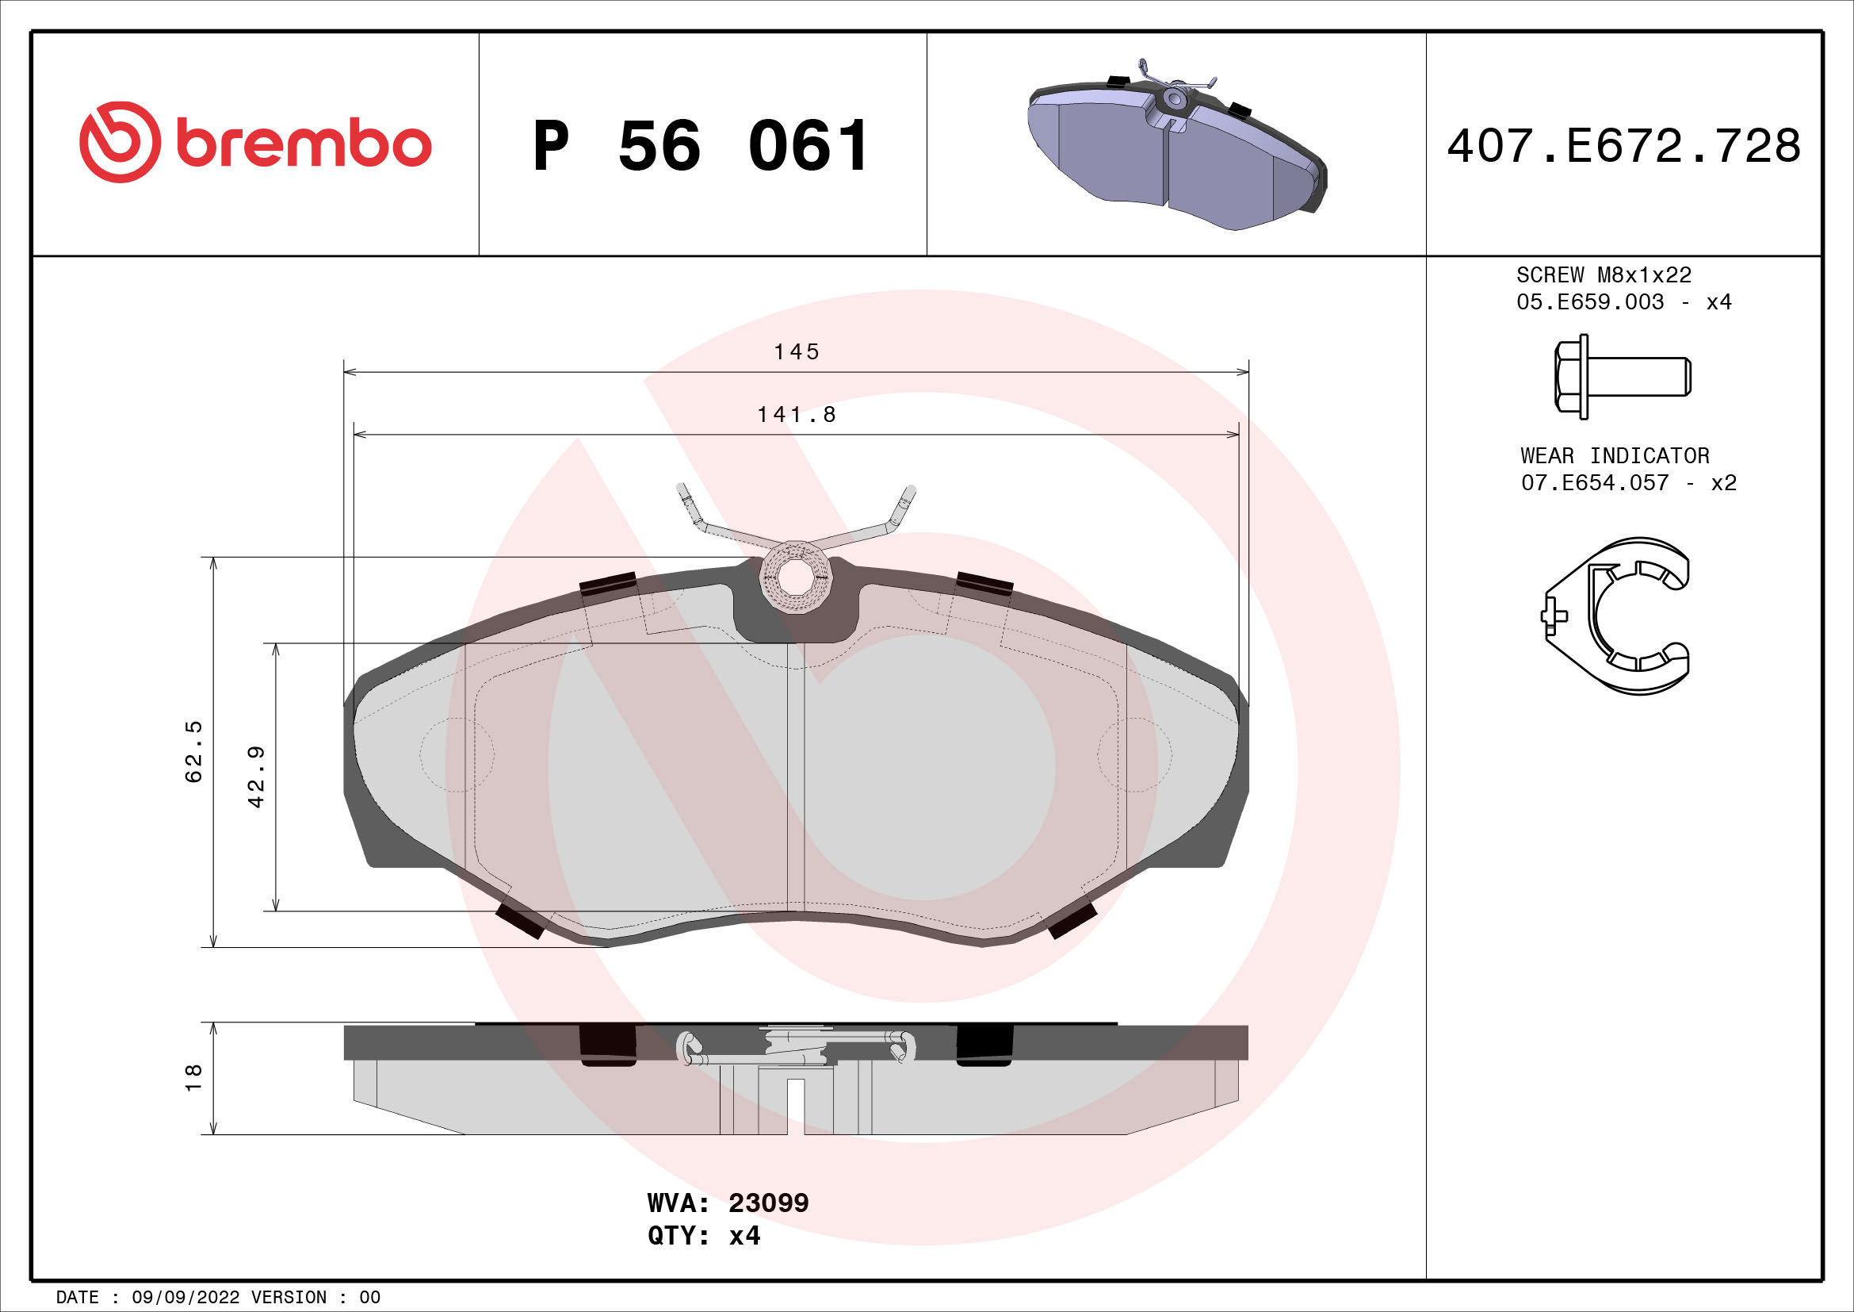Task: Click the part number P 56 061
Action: (700, 146)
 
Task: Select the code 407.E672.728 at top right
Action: (1623, 146)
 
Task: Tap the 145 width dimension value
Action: (796, 352)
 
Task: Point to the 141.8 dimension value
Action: (796, 414)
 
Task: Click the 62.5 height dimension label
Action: (193, 751)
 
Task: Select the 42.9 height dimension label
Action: (256, 777)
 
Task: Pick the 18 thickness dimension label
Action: (193, 1078)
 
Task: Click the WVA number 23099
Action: (768, 1203)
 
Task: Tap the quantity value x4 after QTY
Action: (744, 1236)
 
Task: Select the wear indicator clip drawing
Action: (1615, 616)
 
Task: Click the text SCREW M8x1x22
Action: (1604, 275)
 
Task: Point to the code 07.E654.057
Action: (1595, 483)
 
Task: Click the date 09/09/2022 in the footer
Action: (185, 1298)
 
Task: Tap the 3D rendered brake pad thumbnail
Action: (1176, 145)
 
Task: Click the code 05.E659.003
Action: (1590, 302)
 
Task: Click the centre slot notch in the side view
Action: (796, 1105)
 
